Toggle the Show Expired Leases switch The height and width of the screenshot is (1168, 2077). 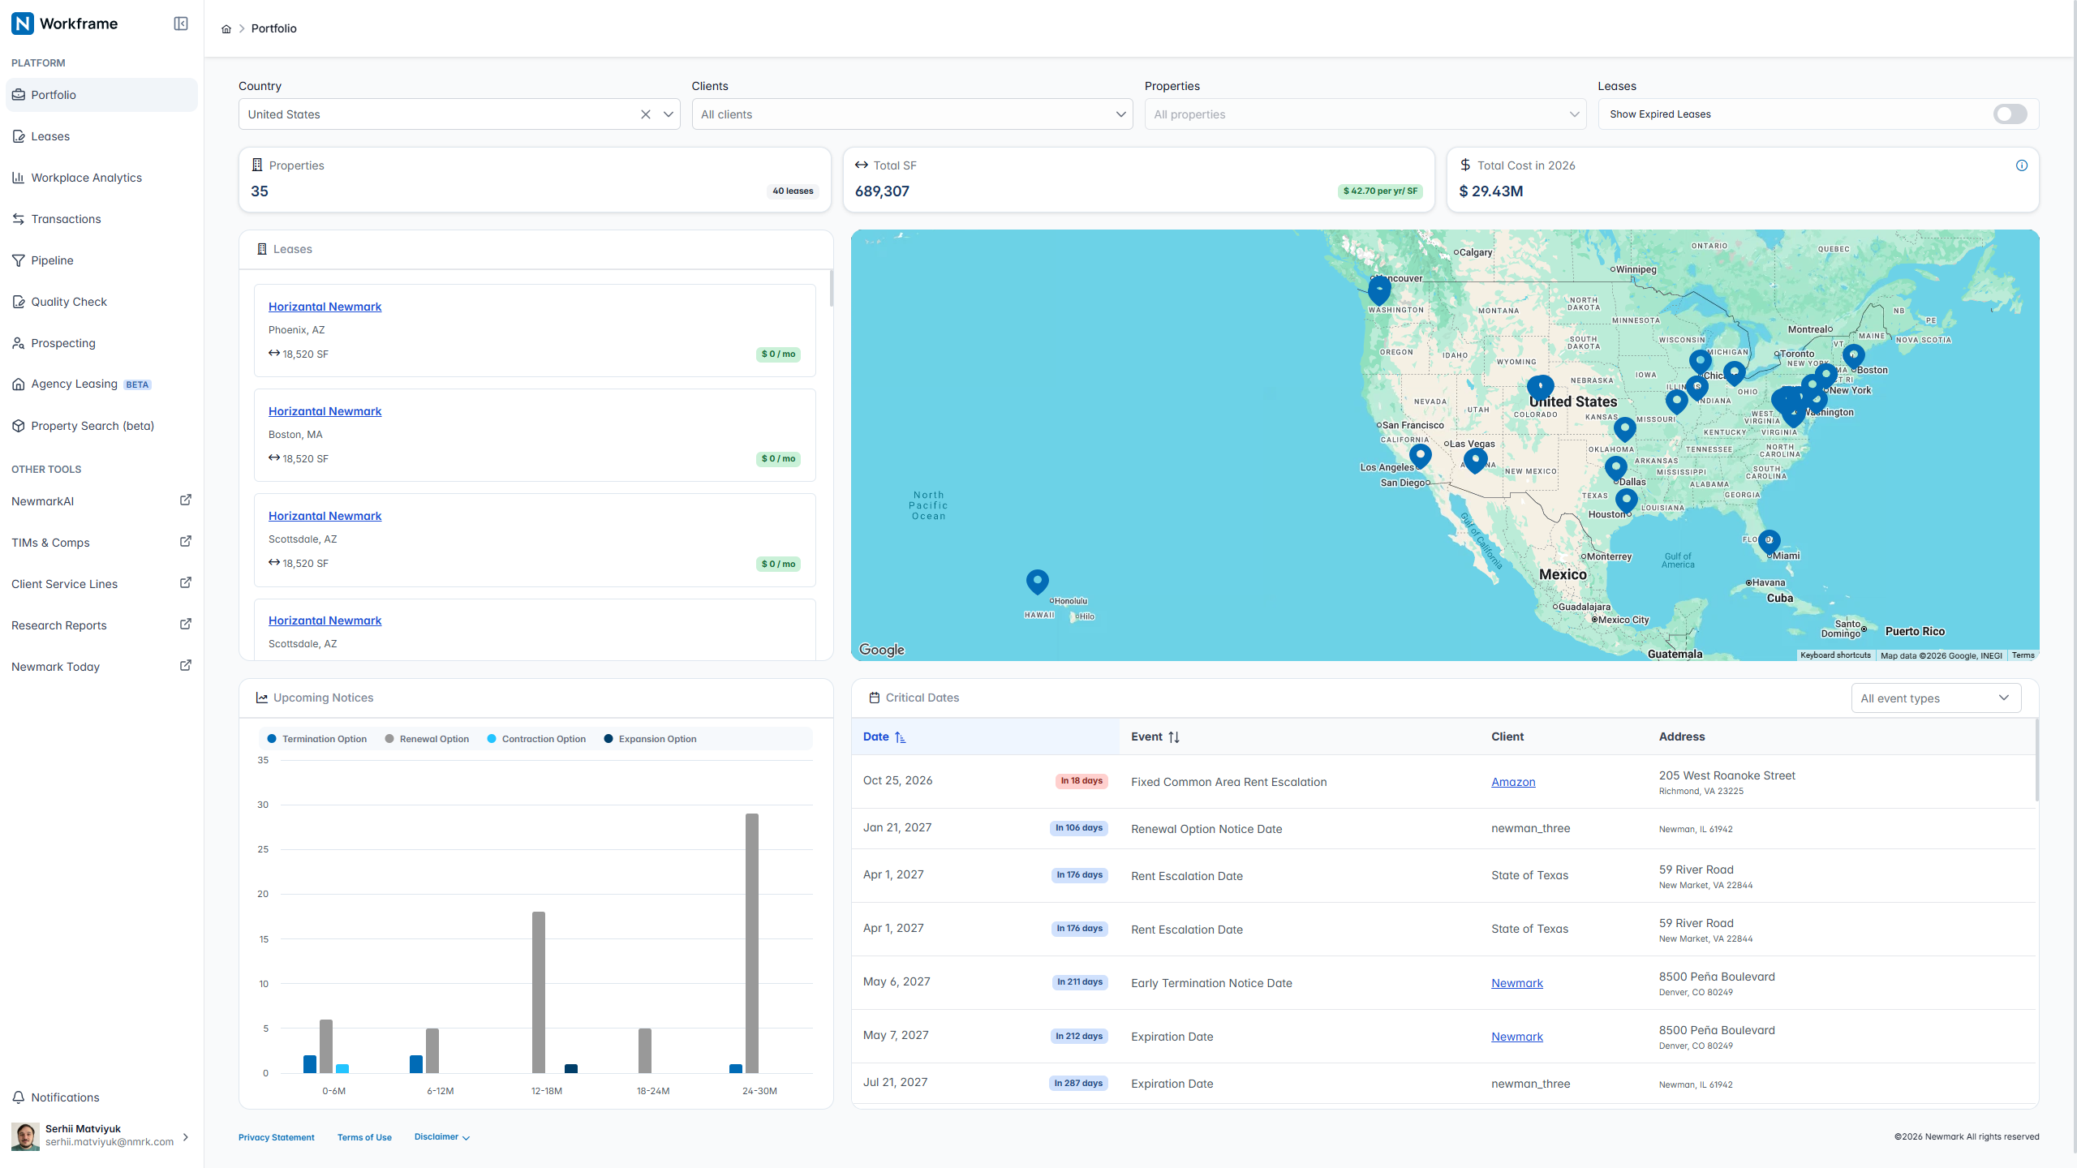coord(2010,114)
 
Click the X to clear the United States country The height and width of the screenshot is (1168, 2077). coord(646,114)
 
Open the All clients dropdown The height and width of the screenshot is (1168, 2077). coord(912,114)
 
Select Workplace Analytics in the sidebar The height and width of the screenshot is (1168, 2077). coord(87,178)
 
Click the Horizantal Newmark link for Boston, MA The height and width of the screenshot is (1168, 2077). coord(325,411)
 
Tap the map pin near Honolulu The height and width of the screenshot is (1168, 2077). coord(1037,582)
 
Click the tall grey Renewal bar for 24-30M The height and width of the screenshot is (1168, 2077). coord(752,943)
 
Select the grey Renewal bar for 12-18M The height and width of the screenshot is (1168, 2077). coord(539,993)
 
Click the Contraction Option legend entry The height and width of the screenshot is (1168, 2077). coord(536,739)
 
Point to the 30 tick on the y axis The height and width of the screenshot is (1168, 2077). coord(263,805)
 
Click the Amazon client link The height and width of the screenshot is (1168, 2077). coord(1513,782)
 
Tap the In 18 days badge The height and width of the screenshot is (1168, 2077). coord(1082,781)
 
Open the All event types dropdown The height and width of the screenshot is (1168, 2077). coord(1936,698)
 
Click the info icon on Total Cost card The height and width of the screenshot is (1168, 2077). coord(2022,165)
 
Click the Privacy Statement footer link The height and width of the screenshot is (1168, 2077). coord(277,1137)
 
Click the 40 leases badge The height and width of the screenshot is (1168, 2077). coord(793,191)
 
